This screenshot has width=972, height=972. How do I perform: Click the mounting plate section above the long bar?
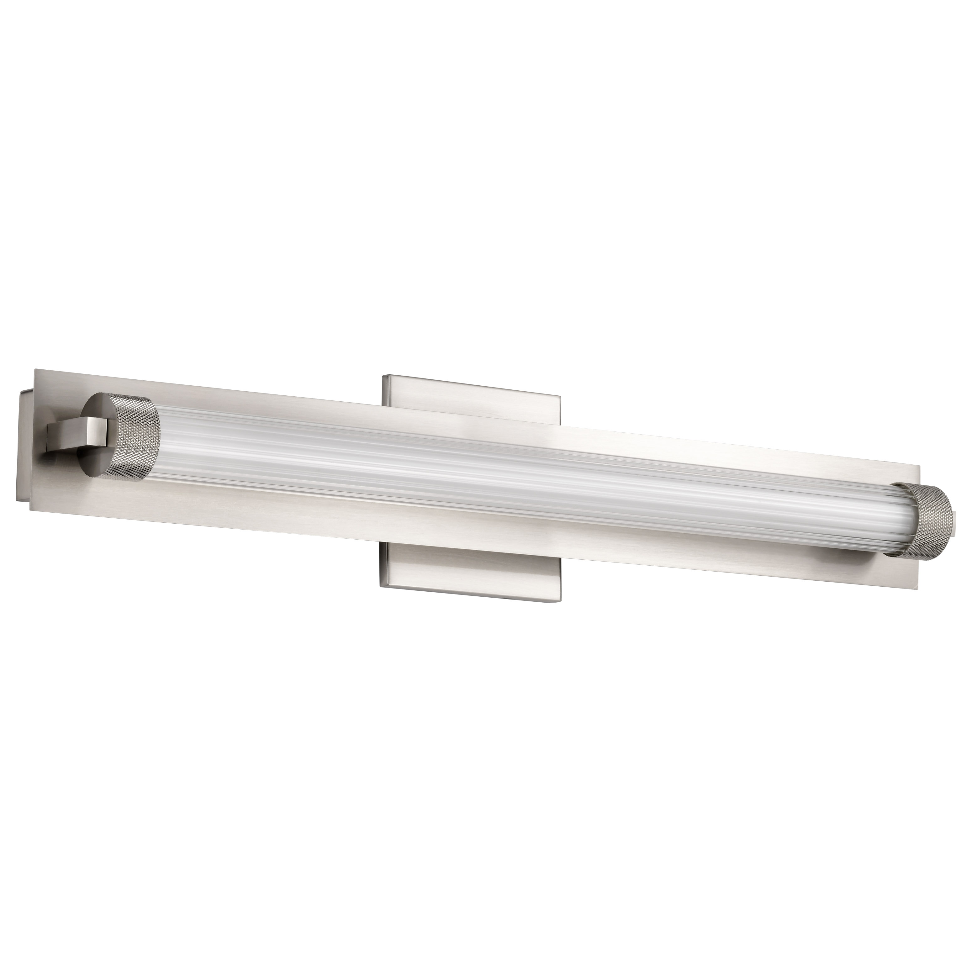click(x=473, y=403)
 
